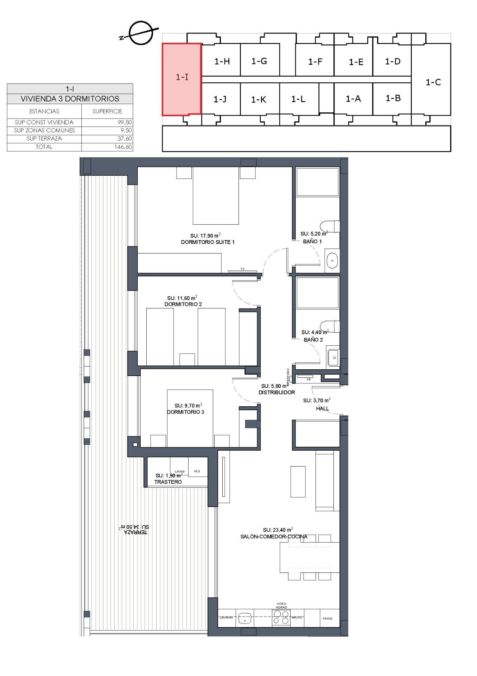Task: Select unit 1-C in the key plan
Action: [x=433, y=82]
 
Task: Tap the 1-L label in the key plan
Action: [x=298, y=99]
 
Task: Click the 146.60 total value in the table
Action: [x=123, y=147]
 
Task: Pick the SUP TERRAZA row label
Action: [x=44, y=139]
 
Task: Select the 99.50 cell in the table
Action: [x=125, y=123]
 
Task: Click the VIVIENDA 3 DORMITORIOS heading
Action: [x=70, y=99]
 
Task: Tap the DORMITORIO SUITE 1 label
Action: [x=208, y=242]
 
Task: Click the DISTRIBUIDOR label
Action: [x=277, y=392]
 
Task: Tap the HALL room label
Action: [x=322, y=409]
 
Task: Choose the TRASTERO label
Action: [x=168, y=482]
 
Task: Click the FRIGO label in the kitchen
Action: [x=327, y=619]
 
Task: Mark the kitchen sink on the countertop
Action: [x=244, y=618]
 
